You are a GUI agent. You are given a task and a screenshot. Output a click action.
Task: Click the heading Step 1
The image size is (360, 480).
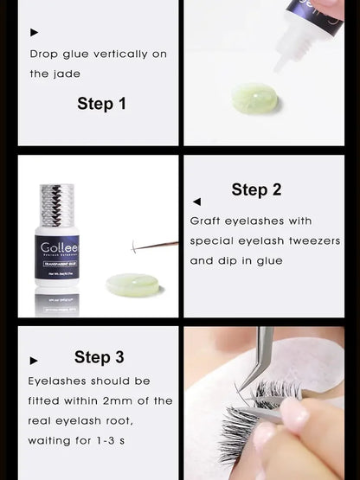pyautogui.click(x=101, y=104)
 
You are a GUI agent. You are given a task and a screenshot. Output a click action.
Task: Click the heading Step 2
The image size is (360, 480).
pyautogui.click(x=256, y=189)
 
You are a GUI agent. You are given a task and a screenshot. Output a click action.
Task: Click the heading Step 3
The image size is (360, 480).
pyautogui.click(x=99, y=357)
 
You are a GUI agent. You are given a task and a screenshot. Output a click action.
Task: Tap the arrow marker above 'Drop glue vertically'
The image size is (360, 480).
pyautogui.click(x=35, y=33)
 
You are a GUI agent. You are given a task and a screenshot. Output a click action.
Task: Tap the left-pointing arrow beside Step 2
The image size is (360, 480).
pyautogui.click(x=197, y=201)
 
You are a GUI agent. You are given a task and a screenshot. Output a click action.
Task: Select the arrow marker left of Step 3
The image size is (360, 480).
pyautogui.click(x=35, y=361)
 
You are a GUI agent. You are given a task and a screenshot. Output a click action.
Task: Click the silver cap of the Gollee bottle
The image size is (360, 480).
pyautogui.click(x=58, y=205)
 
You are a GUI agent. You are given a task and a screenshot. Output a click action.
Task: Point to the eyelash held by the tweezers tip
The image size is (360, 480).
pyautogui.click(x=136, y=248)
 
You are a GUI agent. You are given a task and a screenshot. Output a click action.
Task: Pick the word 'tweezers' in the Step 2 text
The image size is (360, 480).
pyautogui.click(x=315, y=240)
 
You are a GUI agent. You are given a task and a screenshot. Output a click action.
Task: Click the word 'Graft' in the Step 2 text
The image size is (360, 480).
pyautogui.click(x=207, y=221)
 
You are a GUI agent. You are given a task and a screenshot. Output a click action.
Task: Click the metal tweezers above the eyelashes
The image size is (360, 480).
pyautogui.click(x=259, y=355)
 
